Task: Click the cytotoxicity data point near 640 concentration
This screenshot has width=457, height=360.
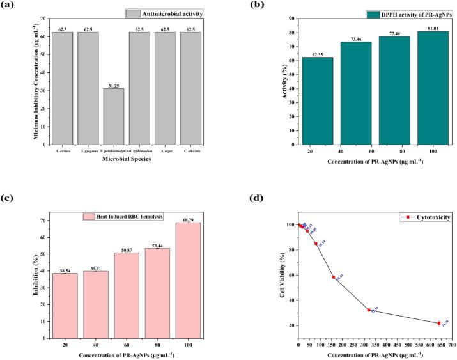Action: point(439,323)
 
